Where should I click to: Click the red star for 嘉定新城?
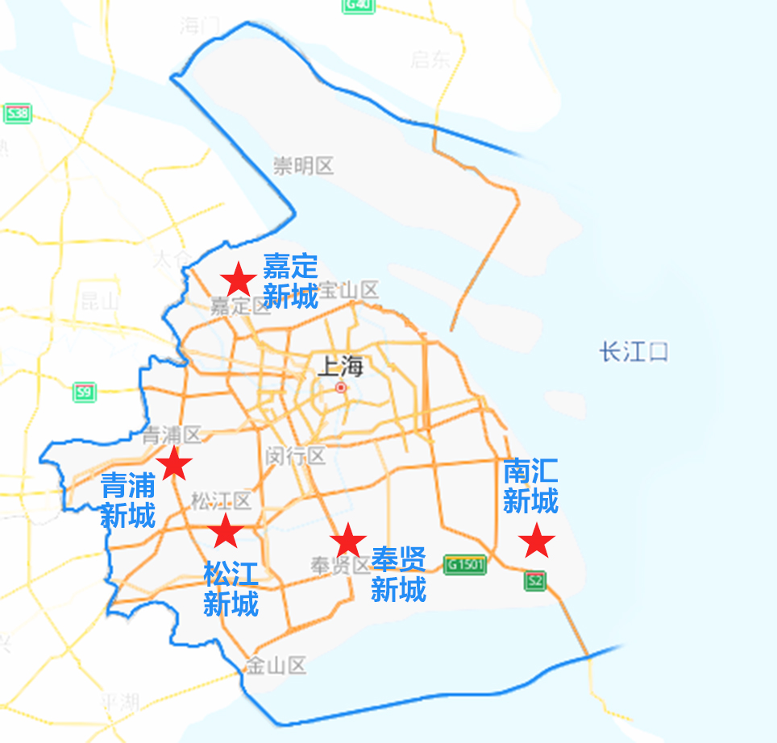tap(239, 280)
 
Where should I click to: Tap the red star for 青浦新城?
tap(174, 464)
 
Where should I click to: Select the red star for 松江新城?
tap(226, 532)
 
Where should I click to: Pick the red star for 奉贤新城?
tap(347, 541)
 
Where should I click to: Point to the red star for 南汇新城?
tap(536, 542)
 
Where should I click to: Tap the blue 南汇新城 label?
tap(530, 487)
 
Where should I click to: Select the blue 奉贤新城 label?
tap(398, 575)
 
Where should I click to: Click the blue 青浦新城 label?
tap(127, 500)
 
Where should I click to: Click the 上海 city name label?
tap(341, 367)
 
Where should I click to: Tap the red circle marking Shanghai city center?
tap(341, 388)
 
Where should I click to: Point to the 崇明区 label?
tap(303, 167)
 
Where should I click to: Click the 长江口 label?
tap(634, 352)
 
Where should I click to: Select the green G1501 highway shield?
tap(466, 564)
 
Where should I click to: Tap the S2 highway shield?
tap(534, 580)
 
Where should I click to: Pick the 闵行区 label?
tap(296, 456)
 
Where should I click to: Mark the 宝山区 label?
tap(349, 289)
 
